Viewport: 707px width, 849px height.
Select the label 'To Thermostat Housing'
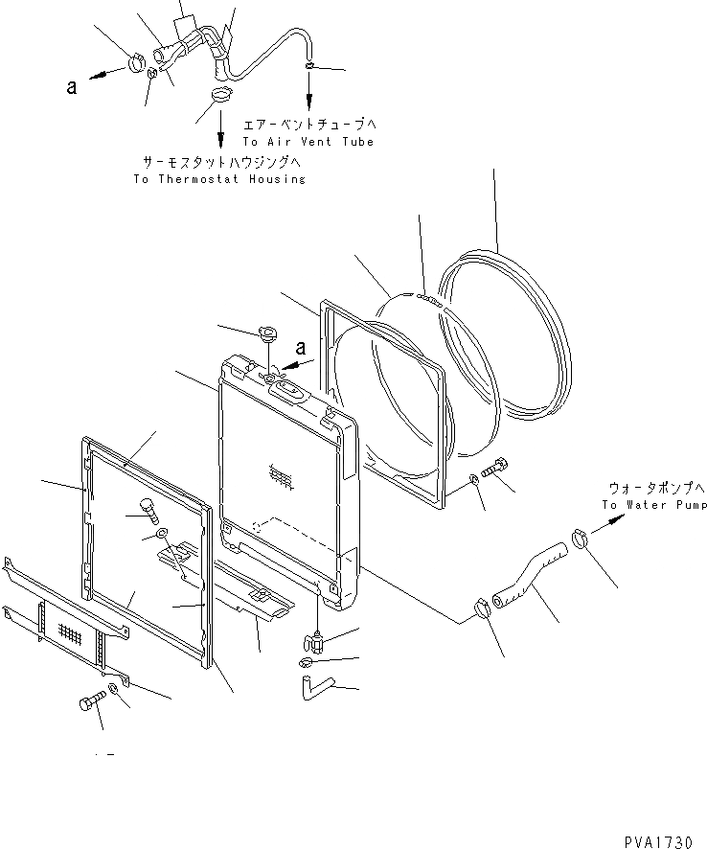219,179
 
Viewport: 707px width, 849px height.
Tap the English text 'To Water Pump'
654,505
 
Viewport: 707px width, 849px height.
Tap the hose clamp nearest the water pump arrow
580,539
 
